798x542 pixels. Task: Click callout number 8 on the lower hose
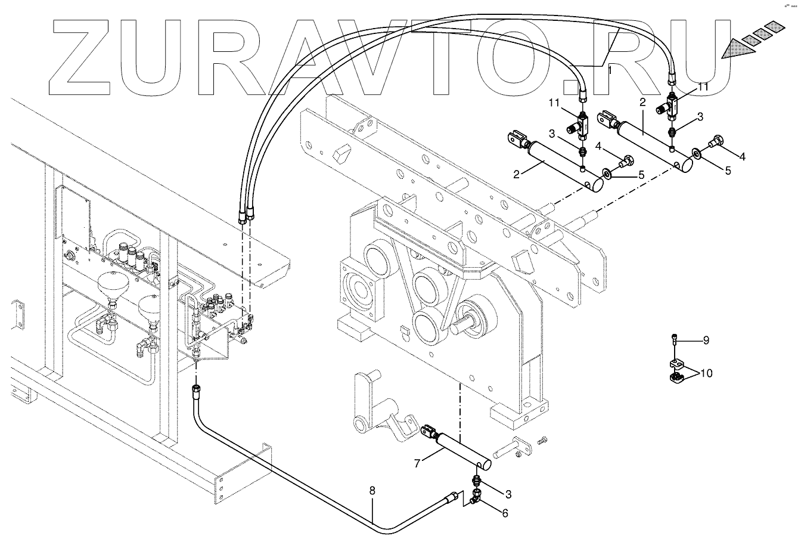[372, 491]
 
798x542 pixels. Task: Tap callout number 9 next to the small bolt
[706, 340]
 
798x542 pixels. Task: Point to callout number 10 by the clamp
[706, 373]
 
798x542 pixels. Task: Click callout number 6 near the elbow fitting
[505, 512]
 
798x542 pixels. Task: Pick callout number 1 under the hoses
[609, 70]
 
